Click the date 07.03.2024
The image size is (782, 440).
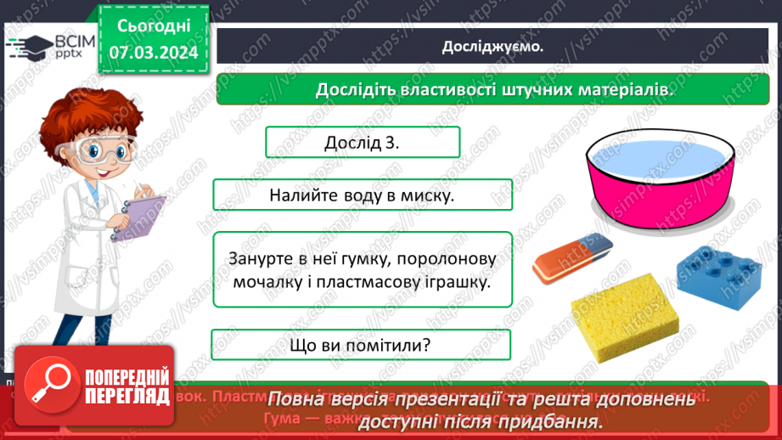pyautogui.click(x=153, y=53)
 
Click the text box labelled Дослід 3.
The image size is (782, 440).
pyautogui.click(x=363, y=143)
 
